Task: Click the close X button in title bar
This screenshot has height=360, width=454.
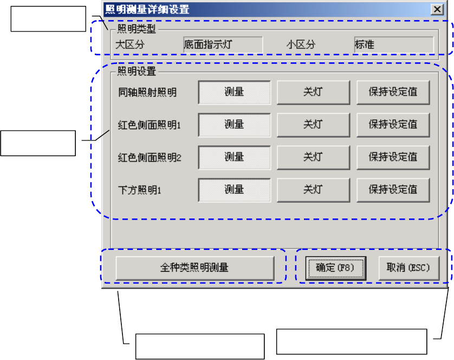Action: pos(436,9)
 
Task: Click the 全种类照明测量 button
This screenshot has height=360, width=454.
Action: pos(194,267)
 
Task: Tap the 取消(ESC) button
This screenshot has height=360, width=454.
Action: pos(407,267)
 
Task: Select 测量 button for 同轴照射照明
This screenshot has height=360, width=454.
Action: pos(234,92)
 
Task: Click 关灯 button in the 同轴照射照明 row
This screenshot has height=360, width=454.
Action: pos(313,92)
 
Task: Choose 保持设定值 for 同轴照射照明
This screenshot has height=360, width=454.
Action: pos(393,92)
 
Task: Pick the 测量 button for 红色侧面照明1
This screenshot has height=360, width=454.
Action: pos(234,125)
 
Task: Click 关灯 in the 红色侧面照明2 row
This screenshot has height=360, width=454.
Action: pos(313,157)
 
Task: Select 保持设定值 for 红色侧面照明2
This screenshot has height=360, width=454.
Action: pos(393,157)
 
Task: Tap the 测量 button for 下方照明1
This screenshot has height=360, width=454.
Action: pos(234,190)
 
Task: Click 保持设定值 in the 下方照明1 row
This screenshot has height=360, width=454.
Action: pos(393,190)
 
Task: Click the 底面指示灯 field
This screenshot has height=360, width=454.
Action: pos(223,44)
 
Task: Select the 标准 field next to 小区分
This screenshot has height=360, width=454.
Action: pos(393,44)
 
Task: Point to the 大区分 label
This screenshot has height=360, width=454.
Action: pos(131,44)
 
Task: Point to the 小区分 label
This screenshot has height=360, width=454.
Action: pos(301,44)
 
